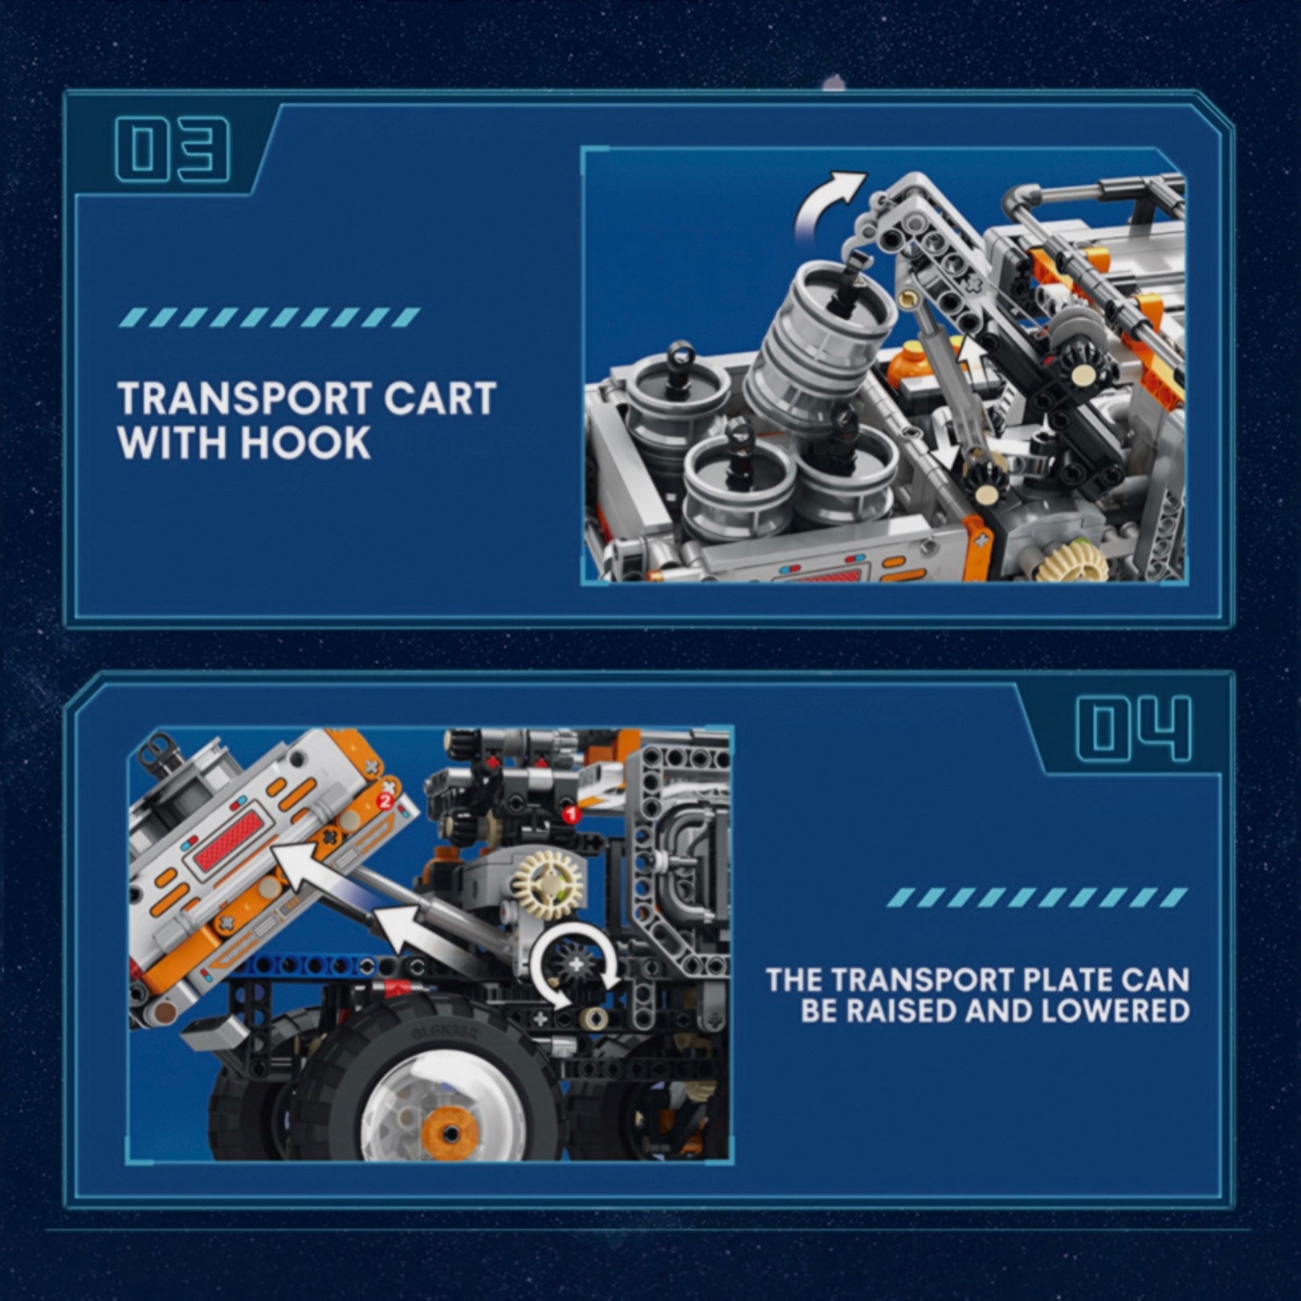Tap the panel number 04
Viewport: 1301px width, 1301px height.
click(1132, 728)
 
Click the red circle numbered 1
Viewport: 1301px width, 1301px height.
click(571, 816)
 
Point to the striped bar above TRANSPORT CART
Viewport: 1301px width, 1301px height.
click(269, 317)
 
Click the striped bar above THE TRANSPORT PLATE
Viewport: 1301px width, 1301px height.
click(1041, 897)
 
